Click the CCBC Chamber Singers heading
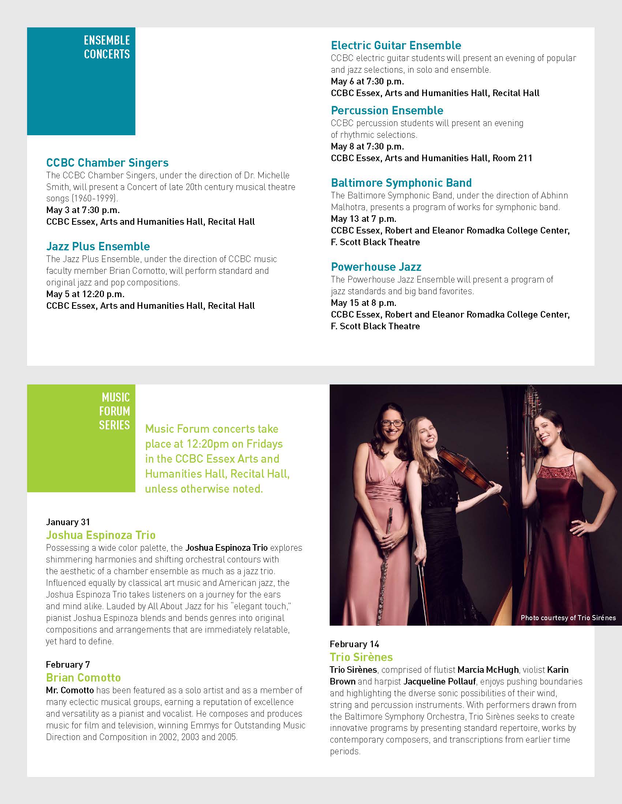(107, 163)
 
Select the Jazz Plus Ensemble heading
(98, 246)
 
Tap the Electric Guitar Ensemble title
(396, 45)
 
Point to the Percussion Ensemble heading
(387, 110)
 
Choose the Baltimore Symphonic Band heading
(401, 183)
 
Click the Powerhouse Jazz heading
(376, 267)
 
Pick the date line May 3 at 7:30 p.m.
(83, 210)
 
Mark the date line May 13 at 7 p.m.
(363, 219)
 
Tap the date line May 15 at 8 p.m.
(363, 303)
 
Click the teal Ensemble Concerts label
(107, 47)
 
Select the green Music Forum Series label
(115, 411)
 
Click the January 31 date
(68, 522)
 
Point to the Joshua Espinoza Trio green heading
(101, 535)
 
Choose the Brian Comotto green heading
(83, 678)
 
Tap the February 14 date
(354, 644)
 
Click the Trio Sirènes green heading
(361, 657)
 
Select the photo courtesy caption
(568, 618)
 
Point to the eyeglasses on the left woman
(393, 423)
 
